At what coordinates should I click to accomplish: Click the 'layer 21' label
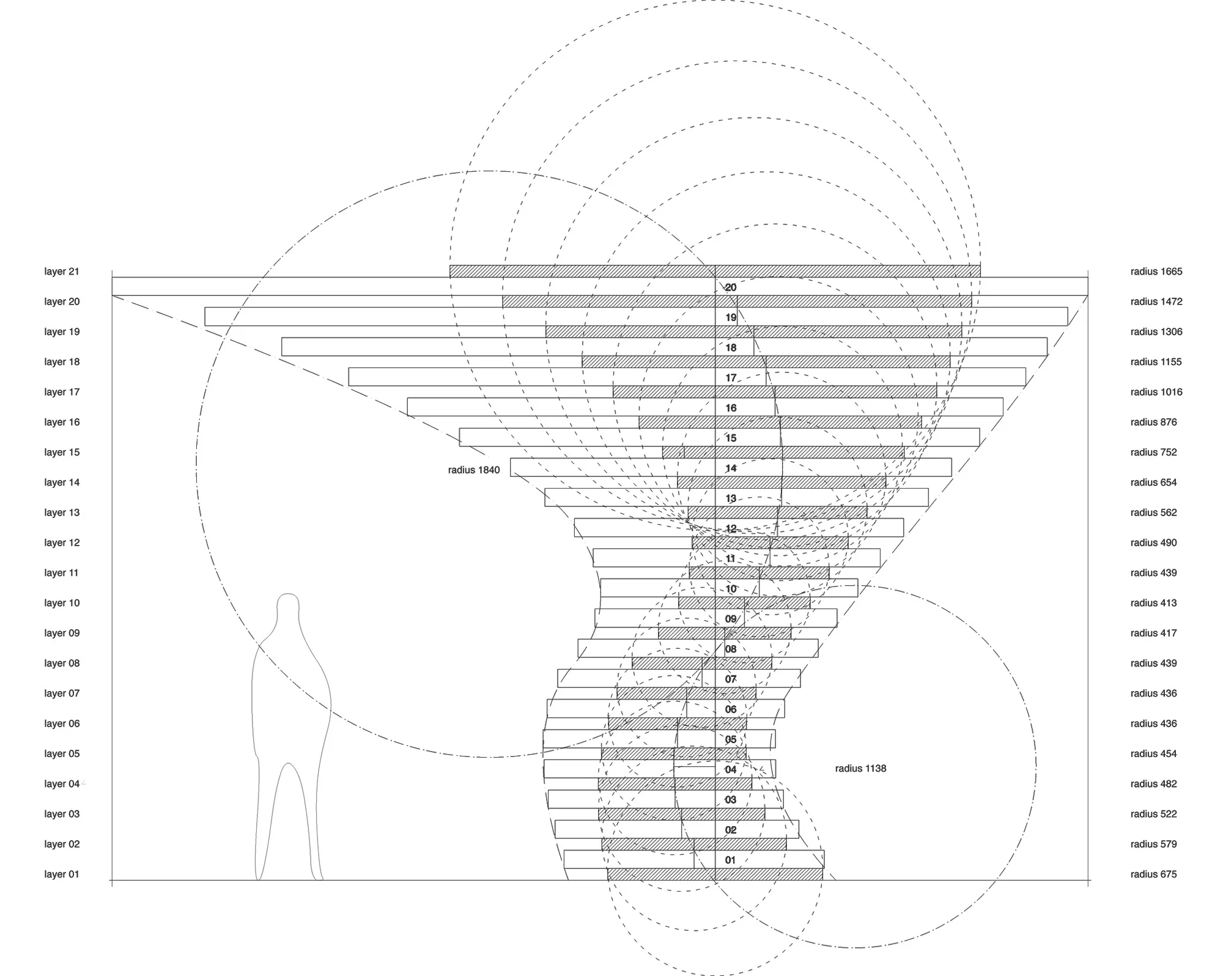[x=62, y=272]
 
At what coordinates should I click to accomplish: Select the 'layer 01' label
[x=62, y=874]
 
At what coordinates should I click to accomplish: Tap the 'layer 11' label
[x=62, y=573]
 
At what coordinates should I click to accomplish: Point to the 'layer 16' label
[x=62, y=423]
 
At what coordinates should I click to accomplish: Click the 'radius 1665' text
[x=1156, y=272]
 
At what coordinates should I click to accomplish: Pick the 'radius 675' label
[x=1153, y=874]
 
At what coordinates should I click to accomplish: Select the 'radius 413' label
[x=1153, y=603]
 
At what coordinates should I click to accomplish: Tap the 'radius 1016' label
[x=1156, y=392]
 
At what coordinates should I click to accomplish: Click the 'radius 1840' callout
[x=474, y=470]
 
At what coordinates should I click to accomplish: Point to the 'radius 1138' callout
[x=860, y=769]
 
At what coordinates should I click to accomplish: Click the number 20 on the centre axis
[x=731, y=287]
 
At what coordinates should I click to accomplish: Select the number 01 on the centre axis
[x=730, y=860]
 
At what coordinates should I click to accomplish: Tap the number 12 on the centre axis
[x=731, y=529]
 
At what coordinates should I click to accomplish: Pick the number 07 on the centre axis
[x=731, y=679]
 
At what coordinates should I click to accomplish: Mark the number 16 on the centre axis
[x=731, y=409]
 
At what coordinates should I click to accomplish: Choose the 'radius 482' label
[x=1153, y=784]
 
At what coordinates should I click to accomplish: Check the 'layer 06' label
[x=62, y=724]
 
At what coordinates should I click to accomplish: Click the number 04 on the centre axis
[x=731, y=770]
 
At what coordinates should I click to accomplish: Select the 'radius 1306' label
[x=1156, y=332]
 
